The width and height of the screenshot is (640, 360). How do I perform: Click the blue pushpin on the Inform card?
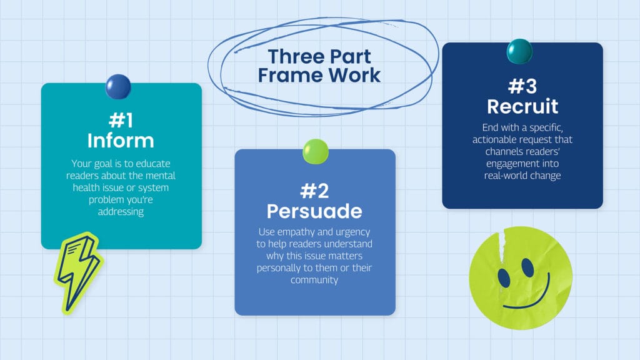118,86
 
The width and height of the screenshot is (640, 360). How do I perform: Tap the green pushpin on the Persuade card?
315,151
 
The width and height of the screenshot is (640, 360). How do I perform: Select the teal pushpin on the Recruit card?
519,51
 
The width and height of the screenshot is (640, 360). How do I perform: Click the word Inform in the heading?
121,140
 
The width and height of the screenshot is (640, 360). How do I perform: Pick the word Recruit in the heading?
522,106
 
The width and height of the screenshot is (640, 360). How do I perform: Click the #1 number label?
121,119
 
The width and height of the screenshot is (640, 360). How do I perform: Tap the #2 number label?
314,189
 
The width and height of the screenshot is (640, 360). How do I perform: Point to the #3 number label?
522,86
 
